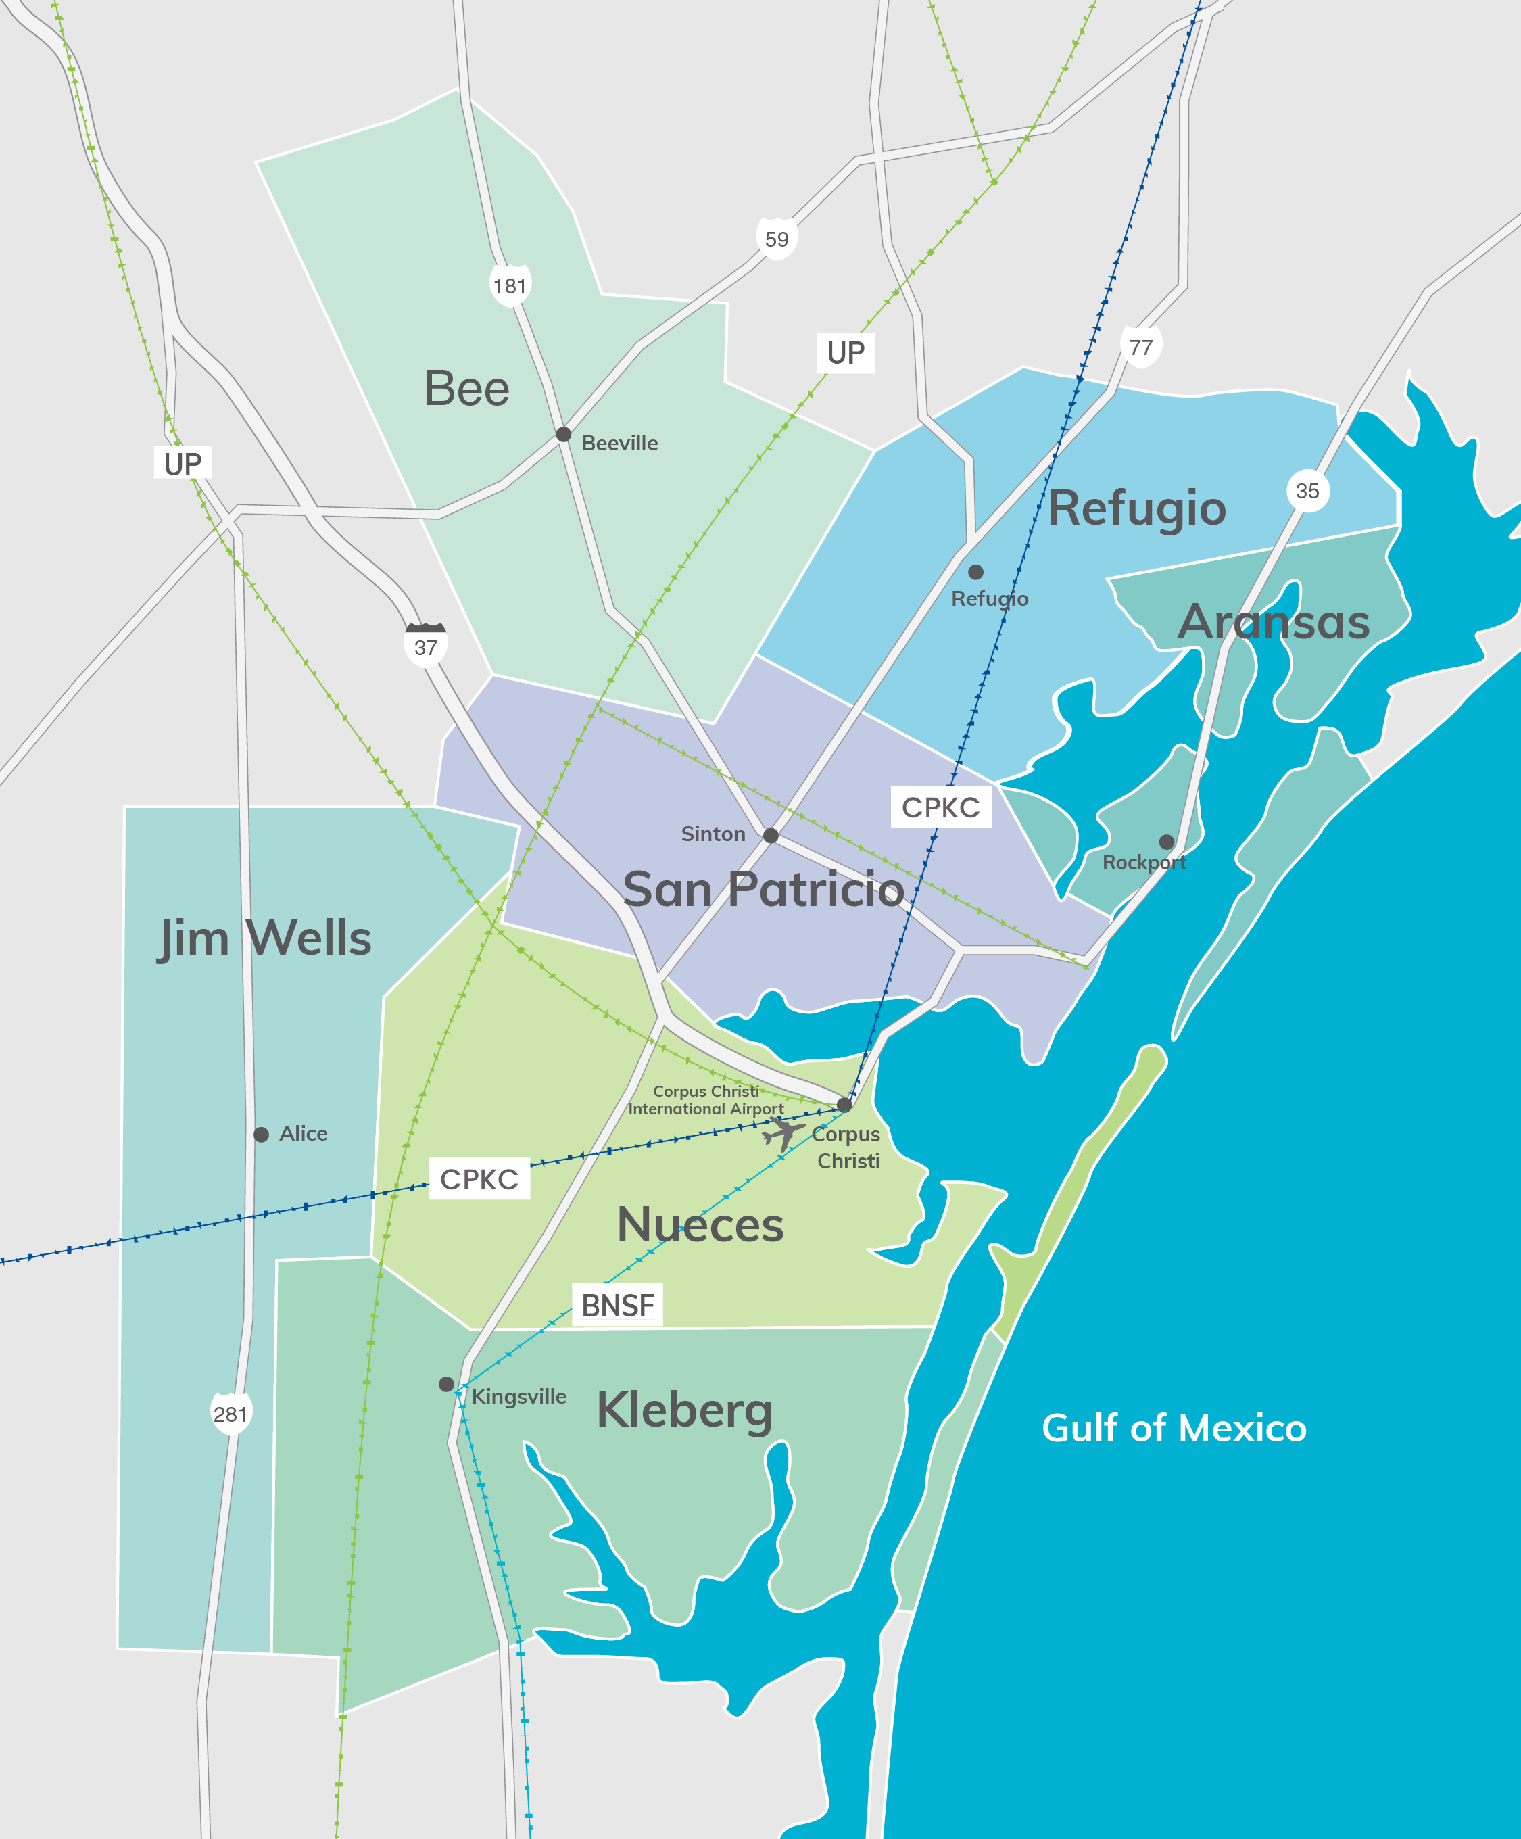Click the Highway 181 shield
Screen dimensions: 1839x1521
pos(510,285)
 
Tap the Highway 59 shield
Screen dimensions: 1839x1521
pos(777,238)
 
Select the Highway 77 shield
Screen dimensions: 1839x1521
pos(1141,347)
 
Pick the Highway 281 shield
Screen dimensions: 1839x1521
pos(231,1414)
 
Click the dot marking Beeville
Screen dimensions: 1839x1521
pos(564,434)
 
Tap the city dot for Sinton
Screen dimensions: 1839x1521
pos(771,836)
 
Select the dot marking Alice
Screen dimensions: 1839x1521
pos(261,1134)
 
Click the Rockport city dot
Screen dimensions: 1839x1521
pos(1166,842)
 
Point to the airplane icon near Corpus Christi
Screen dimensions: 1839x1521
pos(782,1133)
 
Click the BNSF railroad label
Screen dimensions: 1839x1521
pos(617,1305)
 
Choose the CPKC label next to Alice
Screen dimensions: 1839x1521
pos(479,1178)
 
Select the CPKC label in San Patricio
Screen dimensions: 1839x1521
pos(940,807)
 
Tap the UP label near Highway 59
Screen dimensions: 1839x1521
pos(845,353)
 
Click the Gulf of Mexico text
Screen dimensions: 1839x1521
pos(1174,1429)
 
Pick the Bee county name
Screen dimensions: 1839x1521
pos(466,388)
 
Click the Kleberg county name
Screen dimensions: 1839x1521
pos(685,1410)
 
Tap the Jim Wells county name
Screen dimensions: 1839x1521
pos(264,938)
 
